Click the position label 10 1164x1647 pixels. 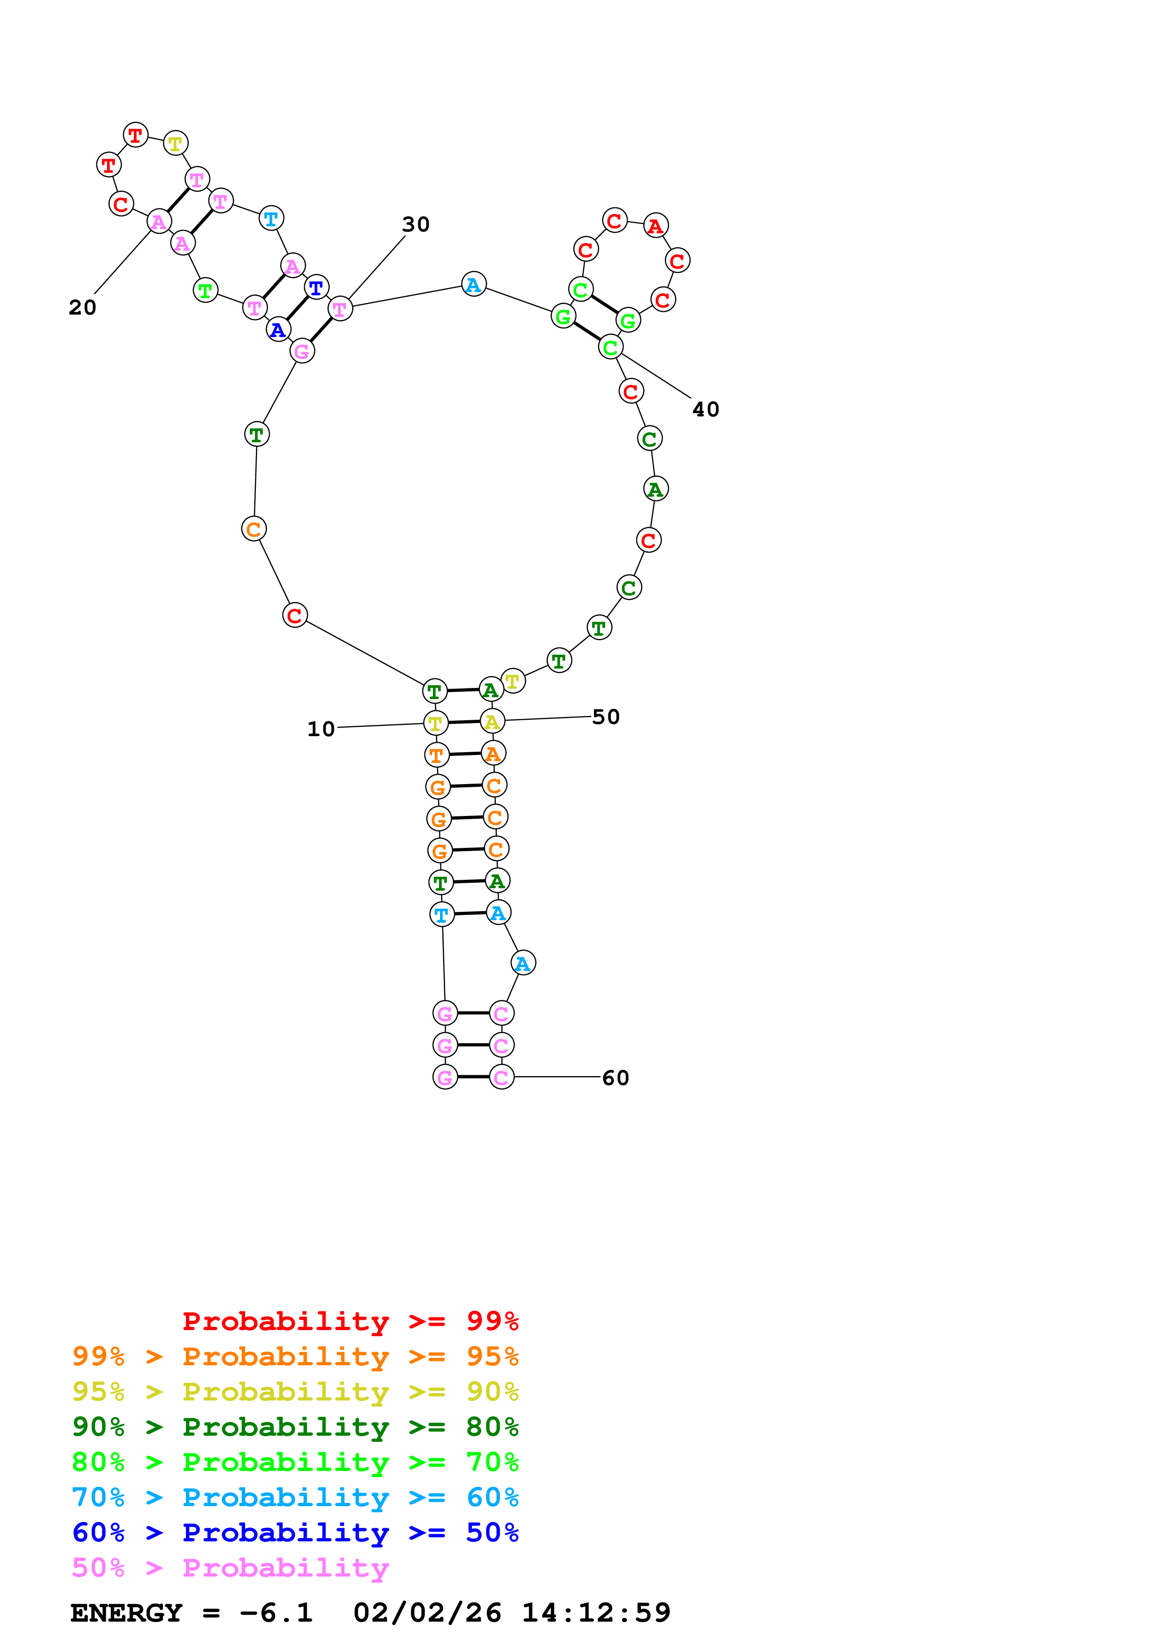click(321, 729)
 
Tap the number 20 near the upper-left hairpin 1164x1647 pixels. click(83, 307)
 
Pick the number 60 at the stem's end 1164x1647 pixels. click(616, 1077)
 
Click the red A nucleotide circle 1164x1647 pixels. click(655, 226)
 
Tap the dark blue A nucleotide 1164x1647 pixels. click(278, 330)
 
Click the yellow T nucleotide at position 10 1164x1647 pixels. click(435, 723)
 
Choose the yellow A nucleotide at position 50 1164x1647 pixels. click(492, 721)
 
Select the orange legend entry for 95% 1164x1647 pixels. click(295, 1356)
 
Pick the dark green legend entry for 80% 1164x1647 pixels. click(295, 1427)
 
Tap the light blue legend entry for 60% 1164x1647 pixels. click(295, 1497)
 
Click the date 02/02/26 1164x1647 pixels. click(427, 1613)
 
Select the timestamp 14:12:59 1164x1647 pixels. click(596, 1613)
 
